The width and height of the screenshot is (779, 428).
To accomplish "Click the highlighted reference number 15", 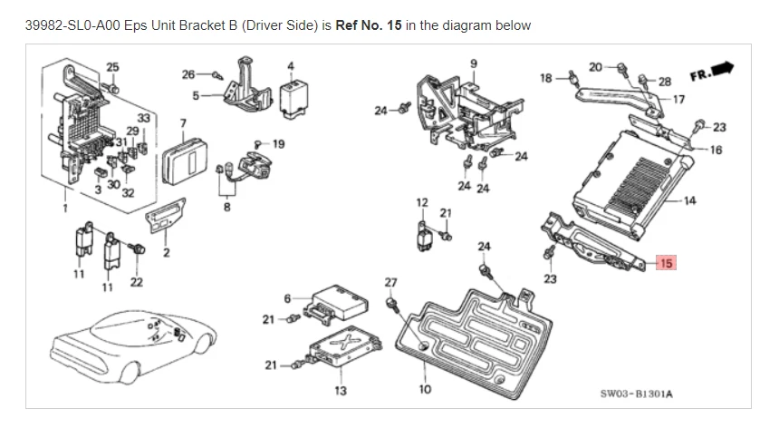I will [x=666, y=264].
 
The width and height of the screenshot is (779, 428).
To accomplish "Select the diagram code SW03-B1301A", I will [x=642, y=394].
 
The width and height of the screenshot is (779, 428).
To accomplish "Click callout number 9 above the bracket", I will [x=473, y=63].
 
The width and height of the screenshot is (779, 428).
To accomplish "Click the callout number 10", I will [x=426, y=390].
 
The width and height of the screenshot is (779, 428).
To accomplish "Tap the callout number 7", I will [x=183, y=122].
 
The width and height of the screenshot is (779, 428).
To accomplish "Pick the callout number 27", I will [x=390, y=283].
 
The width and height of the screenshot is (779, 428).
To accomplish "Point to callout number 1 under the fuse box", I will [x=64, y=208].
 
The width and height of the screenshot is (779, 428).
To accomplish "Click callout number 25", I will [x=112, y=66].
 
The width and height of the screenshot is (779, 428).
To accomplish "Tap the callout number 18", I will [x=545, y=78].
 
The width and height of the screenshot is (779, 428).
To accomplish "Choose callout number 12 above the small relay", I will [x=422, y=201].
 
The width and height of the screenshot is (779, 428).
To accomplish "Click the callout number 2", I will [x=166, y=252].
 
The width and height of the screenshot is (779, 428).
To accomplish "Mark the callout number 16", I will [x=716, y=150].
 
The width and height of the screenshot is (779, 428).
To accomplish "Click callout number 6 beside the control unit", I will [x=287, y=298].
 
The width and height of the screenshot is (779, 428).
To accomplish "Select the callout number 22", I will [x=136, y=283].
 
